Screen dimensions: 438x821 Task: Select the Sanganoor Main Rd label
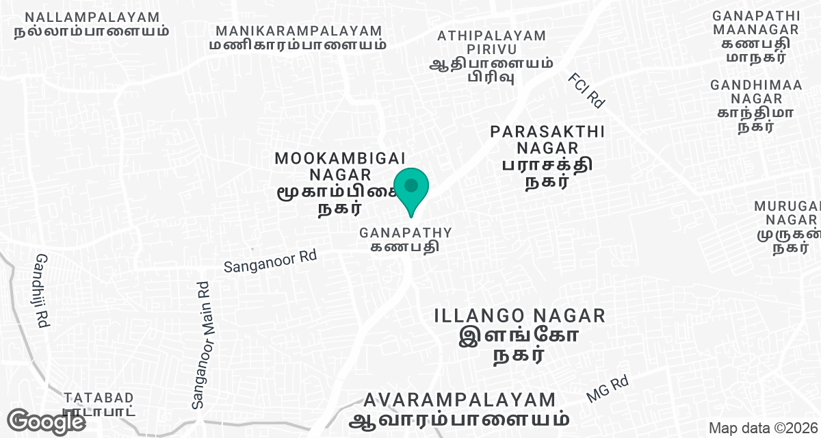pos(201,346)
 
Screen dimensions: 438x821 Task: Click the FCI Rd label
pos(586,91)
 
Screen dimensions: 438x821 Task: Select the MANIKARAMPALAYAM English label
pos(299,31)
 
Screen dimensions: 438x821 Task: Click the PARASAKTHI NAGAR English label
pos(547,139)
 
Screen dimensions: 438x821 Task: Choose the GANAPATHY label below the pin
pos(406,233)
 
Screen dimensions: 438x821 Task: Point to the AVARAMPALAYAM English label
pos(460,400)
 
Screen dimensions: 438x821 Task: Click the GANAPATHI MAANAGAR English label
pos(755,22)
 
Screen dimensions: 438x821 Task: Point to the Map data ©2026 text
pos(762,428)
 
